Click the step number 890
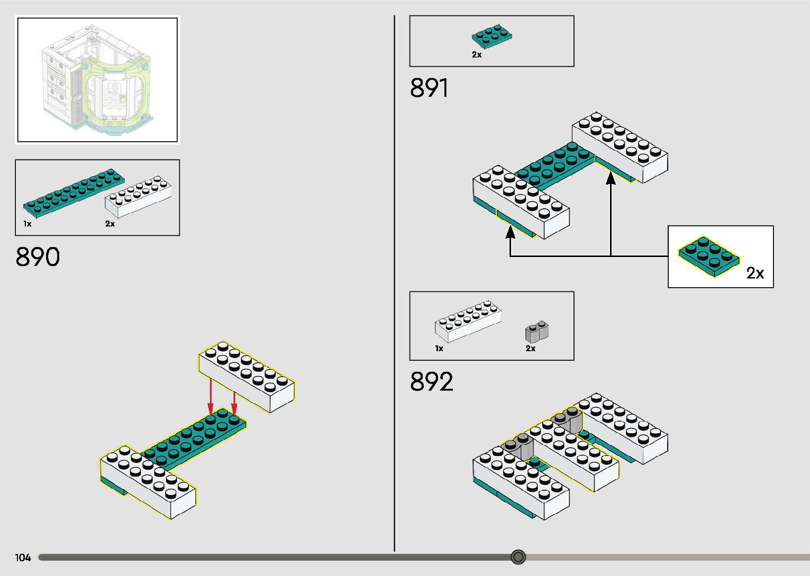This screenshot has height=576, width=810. [x=38, y=257]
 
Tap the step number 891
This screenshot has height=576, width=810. [x=429, y=88]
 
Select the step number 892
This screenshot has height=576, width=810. [x=431, y=382]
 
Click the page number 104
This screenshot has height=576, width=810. [x=23, y=557]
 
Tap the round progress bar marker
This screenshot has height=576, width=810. [x=518, y=557]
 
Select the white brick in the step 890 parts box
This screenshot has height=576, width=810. [x=138, y=196]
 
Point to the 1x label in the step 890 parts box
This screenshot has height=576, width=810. [x=28, y=224]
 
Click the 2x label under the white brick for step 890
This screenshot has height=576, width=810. [x=110, y=224]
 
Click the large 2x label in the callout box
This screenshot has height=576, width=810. [x=755, y=273]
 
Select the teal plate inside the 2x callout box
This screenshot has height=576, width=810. [x=709, y=255]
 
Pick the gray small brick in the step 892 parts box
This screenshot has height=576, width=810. [x=536, y=331]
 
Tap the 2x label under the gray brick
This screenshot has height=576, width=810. [x=531, y=349]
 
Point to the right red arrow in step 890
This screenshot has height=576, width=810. [x=234, y=402]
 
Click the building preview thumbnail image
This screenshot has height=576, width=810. [x=97, y=80]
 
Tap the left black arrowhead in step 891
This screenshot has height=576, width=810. [x=511, y=232]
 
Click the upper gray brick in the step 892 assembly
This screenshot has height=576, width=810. [x=567, y=419]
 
